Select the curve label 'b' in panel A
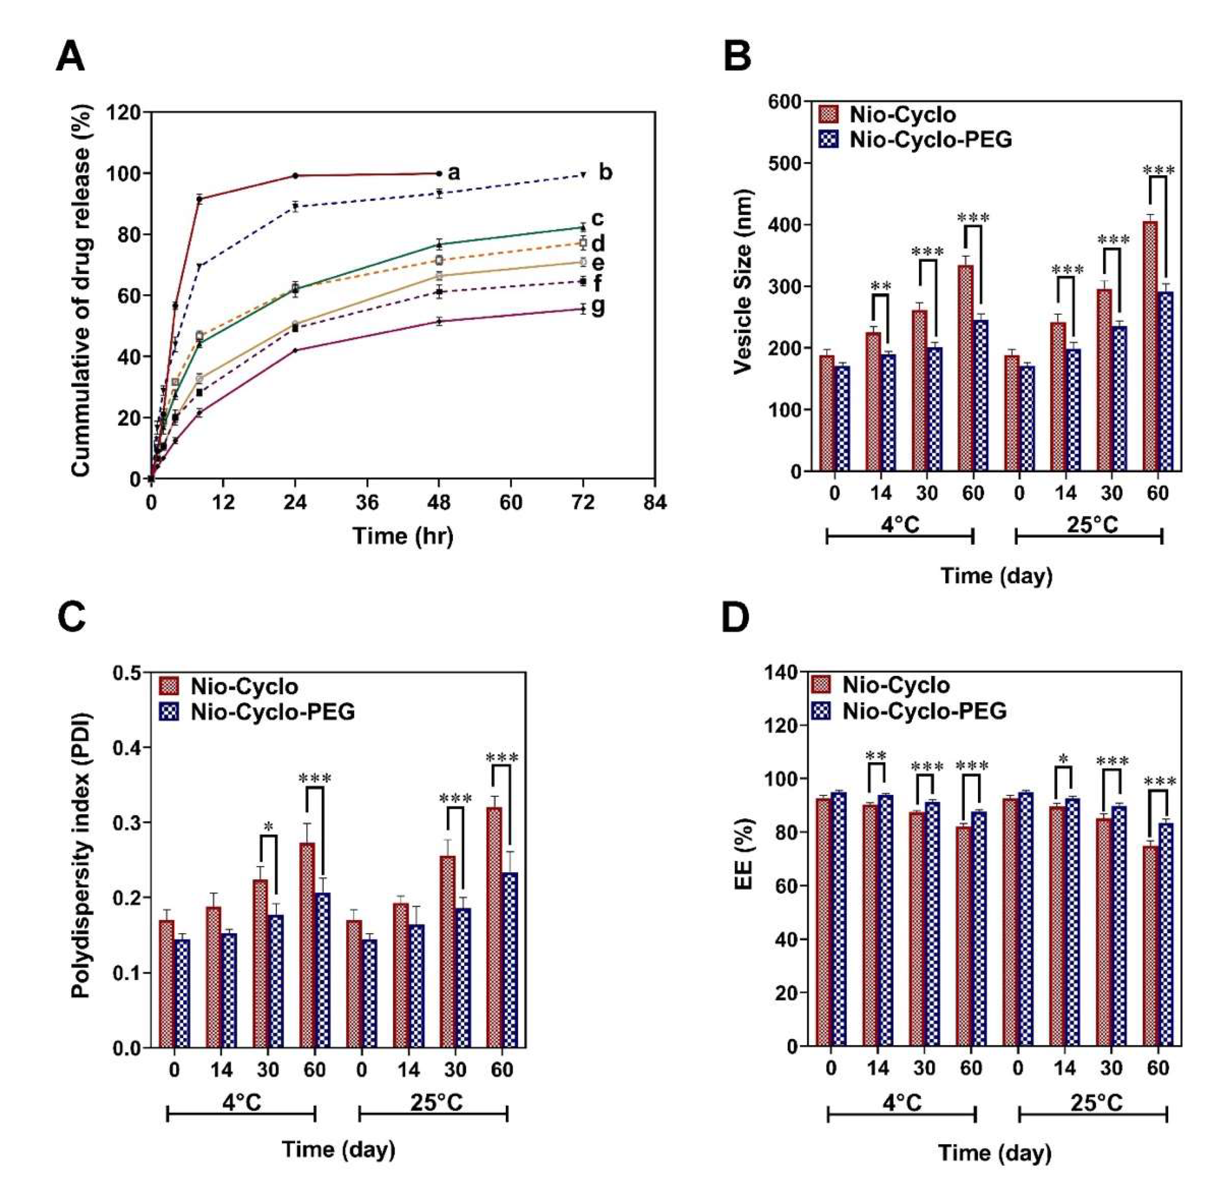(x=605, y=172)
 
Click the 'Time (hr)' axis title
(x=403, y=536)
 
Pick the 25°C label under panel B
(x=1091, y=525)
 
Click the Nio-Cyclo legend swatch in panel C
(x=169, y=687)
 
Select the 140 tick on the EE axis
(x=781, y=672)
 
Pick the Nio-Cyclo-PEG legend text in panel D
(x=924, y=711)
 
